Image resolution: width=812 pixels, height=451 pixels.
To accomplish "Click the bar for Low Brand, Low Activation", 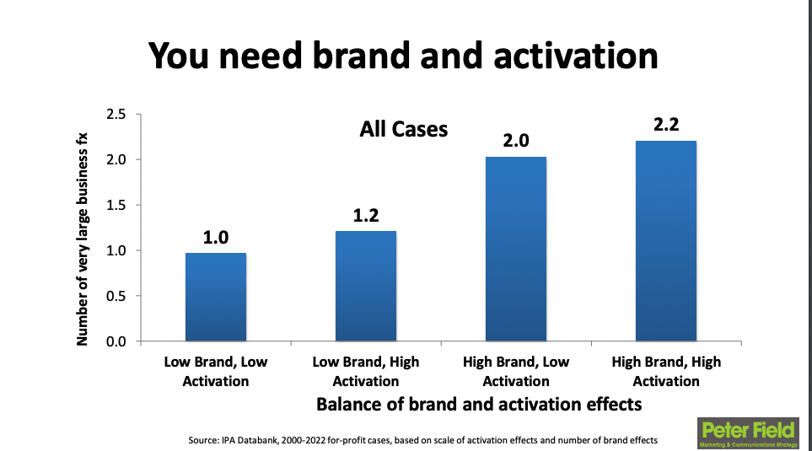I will tap(216, 297).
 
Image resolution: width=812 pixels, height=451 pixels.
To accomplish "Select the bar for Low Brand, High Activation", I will tap(365, 286).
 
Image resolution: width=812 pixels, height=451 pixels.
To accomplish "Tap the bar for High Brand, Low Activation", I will tap(515, 249).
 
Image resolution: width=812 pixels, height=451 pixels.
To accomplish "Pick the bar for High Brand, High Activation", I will tap(665, 241).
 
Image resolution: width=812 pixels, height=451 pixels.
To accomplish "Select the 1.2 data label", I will tap(366, 216).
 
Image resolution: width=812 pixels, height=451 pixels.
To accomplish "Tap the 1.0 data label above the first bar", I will tap(216, 237).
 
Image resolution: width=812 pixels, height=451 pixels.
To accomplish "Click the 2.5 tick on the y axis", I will tap(116, 115).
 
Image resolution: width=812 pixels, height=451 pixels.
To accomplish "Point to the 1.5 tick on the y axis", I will tap(116, 206).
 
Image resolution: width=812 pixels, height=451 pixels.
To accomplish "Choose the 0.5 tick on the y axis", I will tap(116, 297).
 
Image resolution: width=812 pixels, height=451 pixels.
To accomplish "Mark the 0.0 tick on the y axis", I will tap(116, 342).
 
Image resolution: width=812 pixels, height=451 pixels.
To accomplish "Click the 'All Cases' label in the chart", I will tap(403, 130).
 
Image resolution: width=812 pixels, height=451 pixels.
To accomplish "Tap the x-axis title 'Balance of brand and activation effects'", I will tap(478, 404).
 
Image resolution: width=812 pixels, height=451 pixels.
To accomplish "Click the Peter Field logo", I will tap(747, 432).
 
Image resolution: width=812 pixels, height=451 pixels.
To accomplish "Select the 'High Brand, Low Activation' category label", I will tap(515, 371).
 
